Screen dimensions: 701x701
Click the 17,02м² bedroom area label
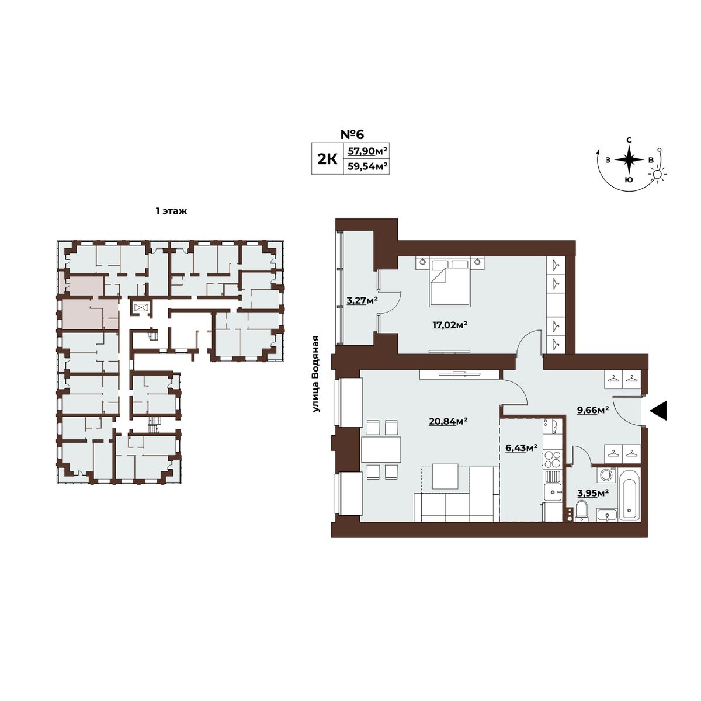coord(450,325)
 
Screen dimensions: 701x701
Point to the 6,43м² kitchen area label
coord(521,448)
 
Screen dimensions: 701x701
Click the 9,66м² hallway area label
coord(593,410)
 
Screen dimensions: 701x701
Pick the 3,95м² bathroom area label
coord(593,493)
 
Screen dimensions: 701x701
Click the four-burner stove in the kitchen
coord(552,460)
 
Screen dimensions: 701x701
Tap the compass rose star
coord(629,159)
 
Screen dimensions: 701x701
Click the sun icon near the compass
coord(657,174)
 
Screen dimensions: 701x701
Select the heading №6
coord(352,134)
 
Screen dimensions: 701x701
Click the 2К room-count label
coord(327,159)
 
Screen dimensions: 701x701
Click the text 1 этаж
coord(171,211)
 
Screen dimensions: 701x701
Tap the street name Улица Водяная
coord(317,374)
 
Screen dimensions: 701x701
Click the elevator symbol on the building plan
coord(140,307)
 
